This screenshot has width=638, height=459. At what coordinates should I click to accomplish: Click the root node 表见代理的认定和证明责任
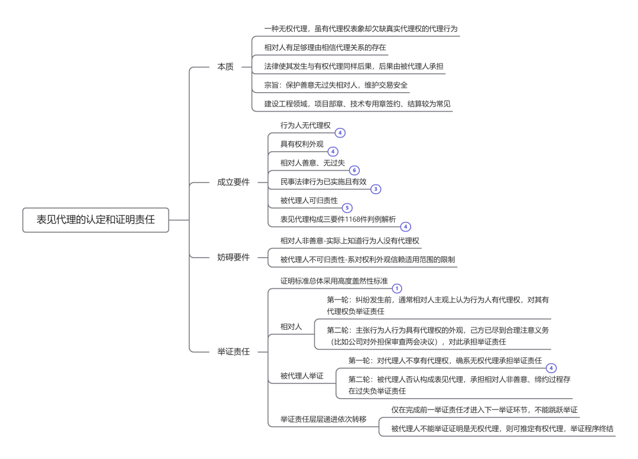point(96,220)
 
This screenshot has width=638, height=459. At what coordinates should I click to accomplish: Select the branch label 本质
point(226,67)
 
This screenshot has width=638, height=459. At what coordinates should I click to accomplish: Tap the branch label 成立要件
point(233,182)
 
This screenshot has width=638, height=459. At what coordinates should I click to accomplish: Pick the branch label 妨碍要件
point(233,258)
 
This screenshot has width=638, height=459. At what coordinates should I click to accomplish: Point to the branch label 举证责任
point(233,351)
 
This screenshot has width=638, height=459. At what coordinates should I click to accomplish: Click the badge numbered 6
point(354,170)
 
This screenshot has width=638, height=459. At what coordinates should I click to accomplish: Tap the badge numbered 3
point(376,189)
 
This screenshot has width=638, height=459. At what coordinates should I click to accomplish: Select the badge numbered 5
point(347,208)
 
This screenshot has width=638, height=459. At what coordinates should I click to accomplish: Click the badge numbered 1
point(397,288)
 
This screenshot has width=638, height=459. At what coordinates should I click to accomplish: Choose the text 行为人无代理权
point(305,125)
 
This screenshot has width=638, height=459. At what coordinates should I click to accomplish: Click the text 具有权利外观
point(302,144)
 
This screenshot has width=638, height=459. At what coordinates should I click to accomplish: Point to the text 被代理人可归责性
point(309,201)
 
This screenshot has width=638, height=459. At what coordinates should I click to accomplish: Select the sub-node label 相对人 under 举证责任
point(291,326)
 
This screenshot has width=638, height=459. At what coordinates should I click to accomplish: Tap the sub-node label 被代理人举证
point(302,376)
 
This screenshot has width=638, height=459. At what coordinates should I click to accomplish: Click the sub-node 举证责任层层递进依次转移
point(323,419)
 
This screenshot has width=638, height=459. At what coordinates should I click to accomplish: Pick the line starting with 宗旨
point(336,85)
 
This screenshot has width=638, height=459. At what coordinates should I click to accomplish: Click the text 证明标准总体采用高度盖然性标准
point(334,280)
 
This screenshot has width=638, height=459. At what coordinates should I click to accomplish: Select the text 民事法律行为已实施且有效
point(323,182)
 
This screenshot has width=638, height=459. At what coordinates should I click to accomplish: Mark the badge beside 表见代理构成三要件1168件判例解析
point(405,226)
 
